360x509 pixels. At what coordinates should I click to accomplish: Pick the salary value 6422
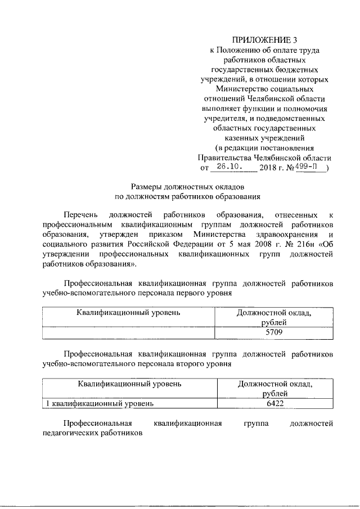coord(273,403)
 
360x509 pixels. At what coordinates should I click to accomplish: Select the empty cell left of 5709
coord(129,332)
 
